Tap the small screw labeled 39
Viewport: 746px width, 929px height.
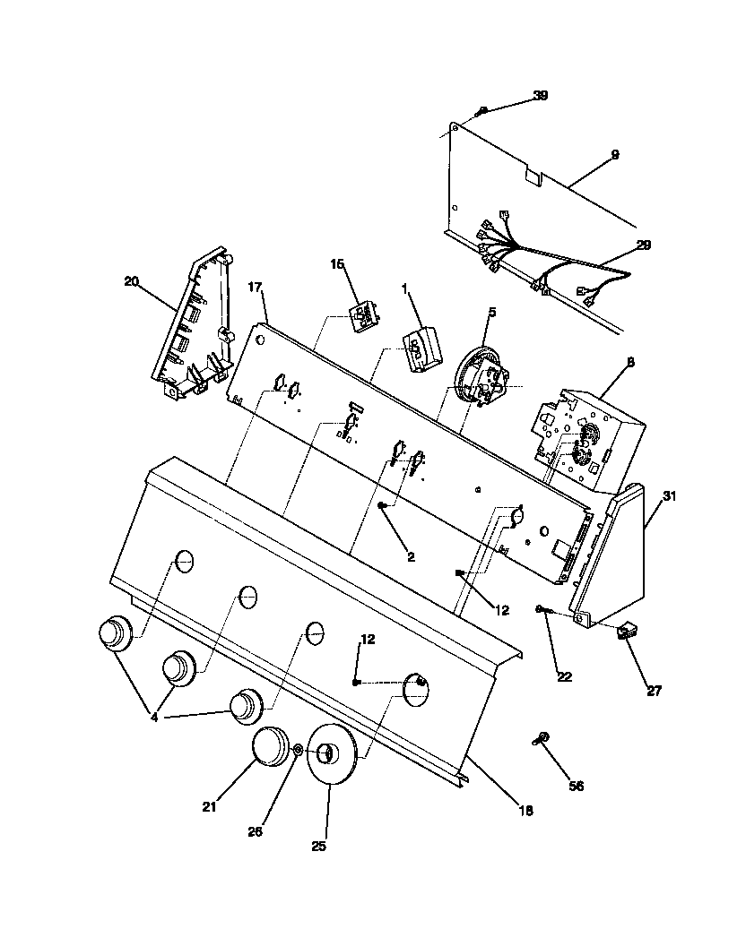click(481, 111)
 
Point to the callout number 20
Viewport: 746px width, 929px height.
click(131, 280)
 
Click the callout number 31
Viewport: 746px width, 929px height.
click(669, 495)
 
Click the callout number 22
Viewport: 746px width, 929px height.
click(564, 676)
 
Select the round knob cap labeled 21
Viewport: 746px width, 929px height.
click(268, 746)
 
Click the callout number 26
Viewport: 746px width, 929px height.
click(256, 830)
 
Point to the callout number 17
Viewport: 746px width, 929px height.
click(255, 288)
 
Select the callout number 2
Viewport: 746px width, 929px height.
click(411, 556)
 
